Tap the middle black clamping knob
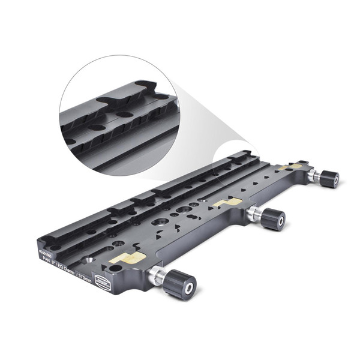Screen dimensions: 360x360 pyautogui.click(x=273, y=219)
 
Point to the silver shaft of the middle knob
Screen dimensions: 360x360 pyautogui.click(x=253, y=212)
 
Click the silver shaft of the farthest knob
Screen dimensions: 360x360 pyautogui.click(x=312, y=175)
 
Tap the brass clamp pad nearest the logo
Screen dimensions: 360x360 pyautogui.click(x=127, y=259)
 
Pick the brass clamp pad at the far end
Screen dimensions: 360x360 pyautogui.click(x=294, y=167)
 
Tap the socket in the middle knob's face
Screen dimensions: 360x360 pyautogui.click(x=280, y=223)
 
